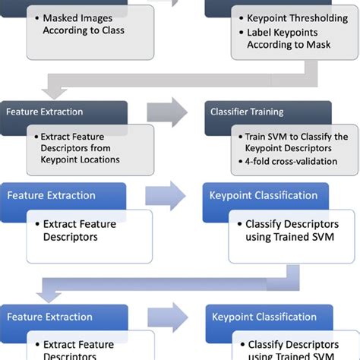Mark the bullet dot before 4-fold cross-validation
[238, 162]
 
